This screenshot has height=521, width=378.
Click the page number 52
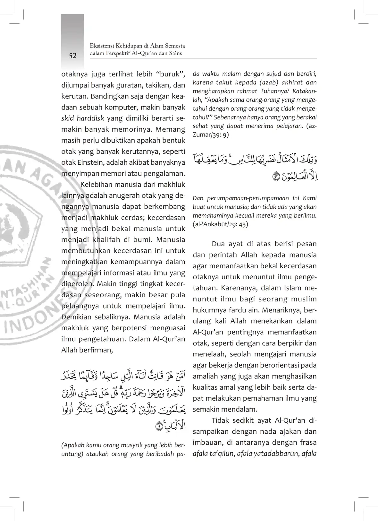pyautogui.click(x=73, y=56)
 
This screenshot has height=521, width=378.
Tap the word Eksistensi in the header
pyautogui.click(x=101, y=46)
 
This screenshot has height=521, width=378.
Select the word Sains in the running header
pyautogui.click(x=175, y=53)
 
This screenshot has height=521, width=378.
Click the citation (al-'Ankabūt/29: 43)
pyautogui.click(x=220, y=224)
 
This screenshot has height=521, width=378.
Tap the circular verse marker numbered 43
pyautogui.click(x=276, y=177)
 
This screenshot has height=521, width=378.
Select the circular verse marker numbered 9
pyautogui.click(x=159, y=426)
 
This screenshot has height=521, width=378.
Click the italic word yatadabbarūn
pyautogui.click(x=276, y=454)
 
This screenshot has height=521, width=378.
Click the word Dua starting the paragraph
pyautogui.click(x=218, y=244)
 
